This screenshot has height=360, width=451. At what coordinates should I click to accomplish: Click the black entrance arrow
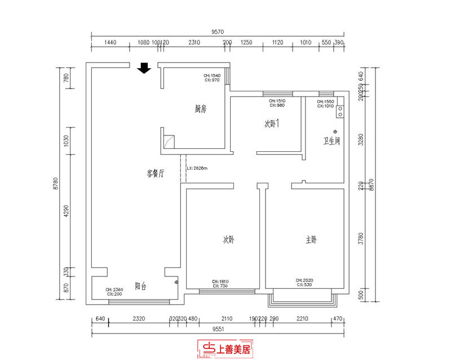(x=144, y=68)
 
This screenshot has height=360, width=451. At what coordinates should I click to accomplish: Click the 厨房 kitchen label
(x=200, y=109)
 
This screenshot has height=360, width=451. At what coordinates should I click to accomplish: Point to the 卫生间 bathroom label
(x=331, y=141)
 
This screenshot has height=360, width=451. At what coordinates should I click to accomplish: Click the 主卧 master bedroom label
(x=311, y=240)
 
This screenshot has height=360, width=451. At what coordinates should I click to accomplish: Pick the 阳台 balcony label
(x=140, y=286)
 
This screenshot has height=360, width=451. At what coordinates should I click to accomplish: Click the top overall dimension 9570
(x=218, y=32)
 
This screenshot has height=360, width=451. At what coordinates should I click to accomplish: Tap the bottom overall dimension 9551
(x=218, y=328)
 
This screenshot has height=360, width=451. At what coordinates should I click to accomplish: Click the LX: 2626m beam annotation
(x=197, y=168)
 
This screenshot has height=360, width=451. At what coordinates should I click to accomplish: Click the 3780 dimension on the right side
(x=361, y=237)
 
